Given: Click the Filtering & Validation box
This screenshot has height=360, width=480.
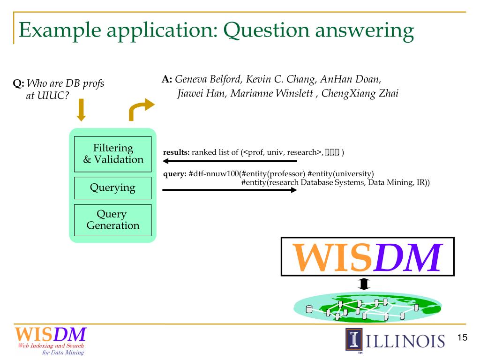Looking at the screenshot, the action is (x=112, y=154).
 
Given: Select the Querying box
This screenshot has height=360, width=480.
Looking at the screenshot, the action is (x=112, y=188).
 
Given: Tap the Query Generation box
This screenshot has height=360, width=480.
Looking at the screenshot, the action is (x=112, y=220).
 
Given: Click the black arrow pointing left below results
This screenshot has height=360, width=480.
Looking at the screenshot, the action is (x=230, y=161).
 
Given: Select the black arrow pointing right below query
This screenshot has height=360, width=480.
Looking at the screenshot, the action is (x=230, y=190).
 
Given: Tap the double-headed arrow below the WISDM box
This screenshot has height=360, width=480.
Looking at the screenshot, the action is (x=364, y=284).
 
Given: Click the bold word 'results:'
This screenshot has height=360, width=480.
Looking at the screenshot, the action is (x=176, y=152).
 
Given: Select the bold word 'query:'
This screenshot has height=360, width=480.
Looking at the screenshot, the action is (x=174, y=173).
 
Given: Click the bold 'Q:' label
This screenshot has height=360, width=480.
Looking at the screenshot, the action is (x=19, y=84).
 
